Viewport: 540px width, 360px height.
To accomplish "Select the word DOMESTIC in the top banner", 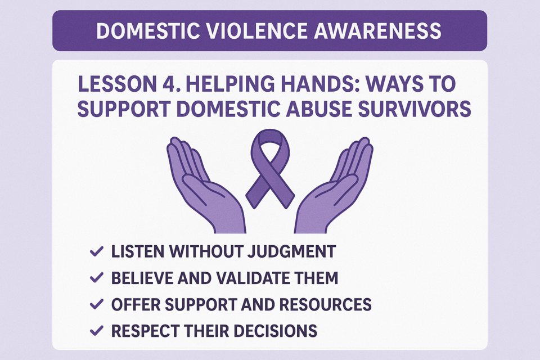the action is pyautogui.click(x=148, y=31).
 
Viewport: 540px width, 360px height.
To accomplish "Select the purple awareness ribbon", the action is pyautogui.click(x=270, y=168).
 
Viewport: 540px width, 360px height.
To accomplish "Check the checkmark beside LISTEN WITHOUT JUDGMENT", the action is pyautogui.click(x=96, y=251).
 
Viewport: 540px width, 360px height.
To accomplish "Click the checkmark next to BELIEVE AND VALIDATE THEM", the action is pyautogui.click(x=96, y=278).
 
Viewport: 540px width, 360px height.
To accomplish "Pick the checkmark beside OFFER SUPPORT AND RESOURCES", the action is pyautogui.click(x=96, y=304).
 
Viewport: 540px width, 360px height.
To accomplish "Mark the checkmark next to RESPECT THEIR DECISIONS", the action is pyautogui.click(x=96, y=331).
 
